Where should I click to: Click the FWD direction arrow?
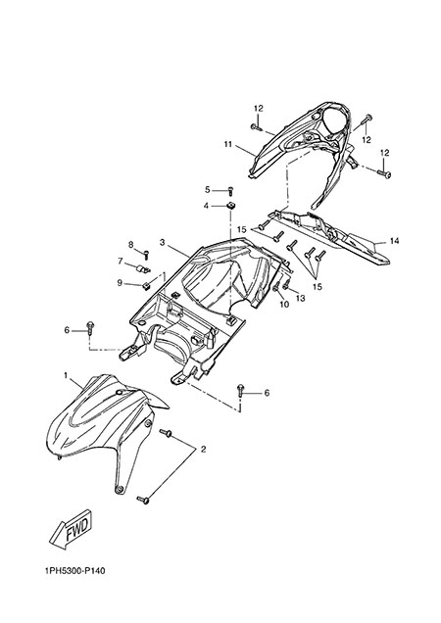pyautogui.click(x=72, y=529)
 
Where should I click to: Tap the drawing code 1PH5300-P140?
pyautogui.click(x=75, y=571)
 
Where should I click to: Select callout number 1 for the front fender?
pyautogui.click(x=66, y=374)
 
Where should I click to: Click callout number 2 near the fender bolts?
pyautogui.click(x=203, y=450)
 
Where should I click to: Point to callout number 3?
pyautogui.click(x=163, y=242)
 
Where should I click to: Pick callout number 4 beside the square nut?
pyautogui.click(x=206, y=206)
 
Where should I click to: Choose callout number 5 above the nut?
pyautogui.click(x=207, y=190)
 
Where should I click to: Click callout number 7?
pyautogui.click(x=121, y=261)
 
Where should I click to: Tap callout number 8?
pyautogui.click(x=130, y=245)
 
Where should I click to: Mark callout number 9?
pyautogui.click(x=120, y=283)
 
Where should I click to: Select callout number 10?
pyautogui.click(x=284, y=305)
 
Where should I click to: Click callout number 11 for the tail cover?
pyautogui.click(x=227, y=144)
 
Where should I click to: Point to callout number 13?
pyautogui.click(x=300, y=298)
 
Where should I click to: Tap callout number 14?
pyautogui.click(x=394, y=241)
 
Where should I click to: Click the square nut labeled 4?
pyautogui.click(x=230, y=206)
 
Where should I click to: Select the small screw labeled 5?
pyautogui.click(x=230, y=191)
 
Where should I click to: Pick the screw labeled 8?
pyautogui.click(x=146, y=254)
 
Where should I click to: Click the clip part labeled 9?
pyautogui.click(x=146, y=285)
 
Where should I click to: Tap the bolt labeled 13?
pyautogui.click(x=286, y=284)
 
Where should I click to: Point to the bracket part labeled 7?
pyautogui.click(x=142, y=269)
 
